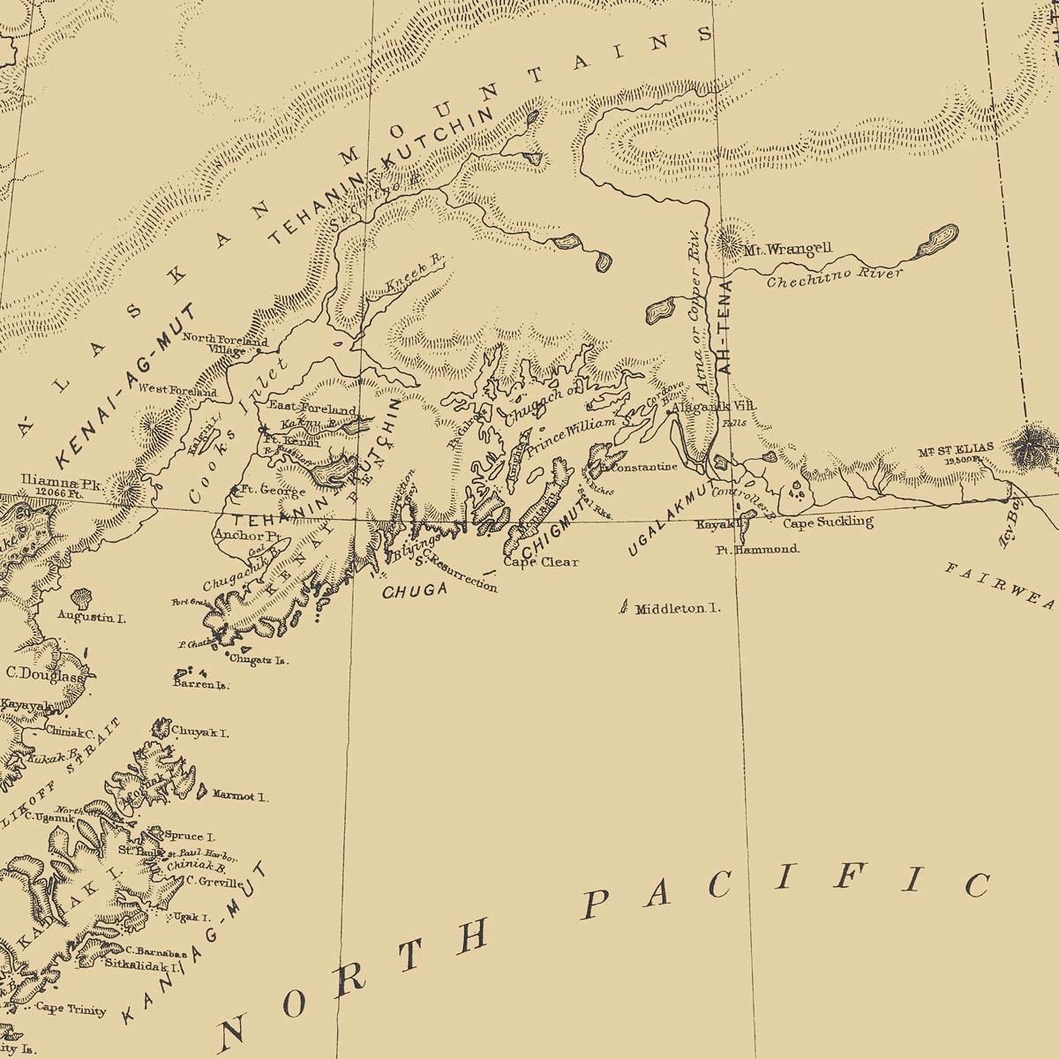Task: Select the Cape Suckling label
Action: tap(828, 522)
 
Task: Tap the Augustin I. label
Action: tap(91, 617)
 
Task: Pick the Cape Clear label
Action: tap(541, 561)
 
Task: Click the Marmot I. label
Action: tap(240, 795)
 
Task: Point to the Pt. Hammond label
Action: tap(757, 549)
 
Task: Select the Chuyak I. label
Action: tap(201, 732)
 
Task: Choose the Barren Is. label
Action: tap(201, 685)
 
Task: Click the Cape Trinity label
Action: tap(71, 1010)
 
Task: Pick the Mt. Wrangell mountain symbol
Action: tap(730, 237)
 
